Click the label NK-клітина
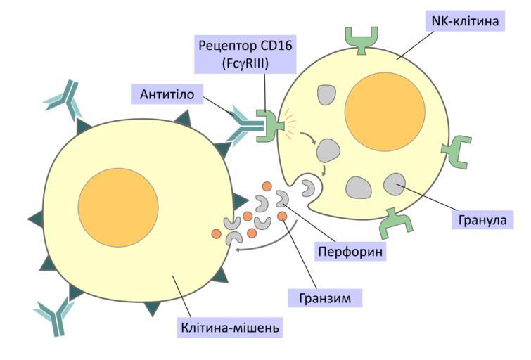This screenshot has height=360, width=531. tap(464, 21)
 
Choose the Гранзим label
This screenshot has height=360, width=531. tap(325, 297)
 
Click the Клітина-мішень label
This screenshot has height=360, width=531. tap(231, 328)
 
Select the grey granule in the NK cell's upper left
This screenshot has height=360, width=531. tap(325, 96)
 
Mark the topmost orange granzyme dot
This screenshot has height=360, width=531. tap(267, 186)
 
